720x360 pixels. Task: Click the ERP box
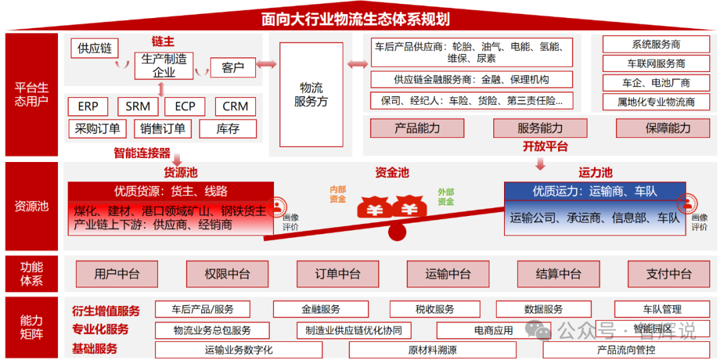(x=88, y=107)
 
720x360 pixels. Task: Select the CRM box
(x=235, y=107)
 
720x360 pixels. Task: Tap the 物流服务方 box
(x=311, y=95)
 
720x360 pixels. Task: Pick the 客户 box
(x=233, y=68)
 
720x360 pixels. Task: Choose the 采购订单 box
(x=97, y=129)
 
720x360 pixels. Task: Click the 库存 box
(x=227, y=129)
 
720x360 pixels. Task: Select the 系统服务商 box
(x=656, y=45)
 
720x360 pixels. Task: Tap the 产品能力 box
(x=417, y=128)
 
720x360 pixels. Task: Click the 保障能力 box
(x=668, y=128)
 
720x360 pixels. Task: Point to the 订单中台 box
(x=337, y=273)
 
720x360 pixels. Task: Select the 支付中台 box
(x=669, y=273)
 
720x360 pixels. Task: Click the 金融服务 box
(x=321, y=309)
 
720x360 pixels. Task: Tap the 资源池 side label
(x=32, y=206)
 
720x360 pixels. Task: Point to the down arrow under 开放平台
(x=540, y=163)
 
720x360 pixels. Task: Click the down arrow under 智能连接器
(x=177, y=161)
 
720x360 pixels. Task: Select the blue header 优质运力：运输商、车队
(x=594, y=191)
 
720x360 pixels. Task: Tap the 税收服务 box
(x=435, y=309)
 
